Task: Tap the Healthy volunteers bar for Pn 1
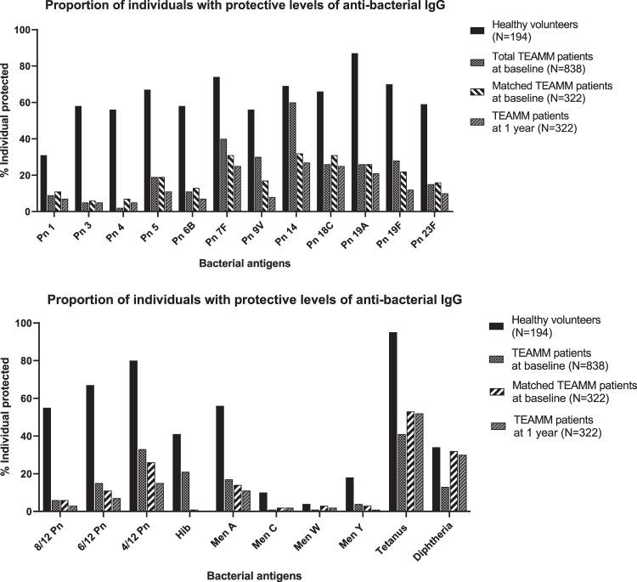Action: pyautogui.click(x=43, y=184)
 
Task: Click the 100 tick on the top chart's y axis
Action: pyautogui.click(x=23, y=31)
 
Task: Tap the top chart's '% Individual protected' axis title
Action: pyautogui.click(x=8, y=121)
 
